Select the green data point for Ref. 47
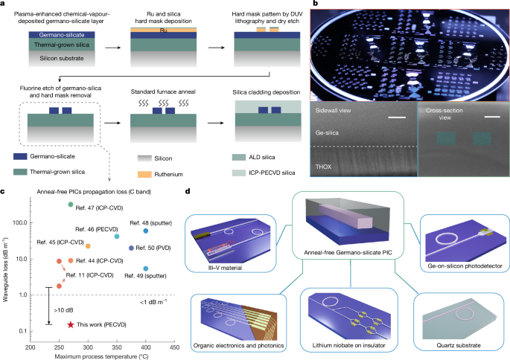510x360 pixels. click(x=70, y=205)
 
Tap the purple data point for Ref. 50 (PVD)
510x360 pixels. click(x=132, y=248)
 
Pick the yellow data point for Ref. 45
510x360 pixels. click(x=88, y=245)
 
